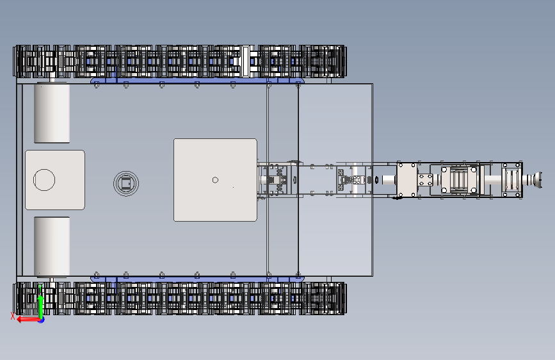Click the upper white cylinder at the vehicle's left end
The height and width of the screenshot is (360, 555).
52,113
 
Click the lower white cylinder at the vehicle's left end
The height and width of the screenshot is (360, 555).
52,245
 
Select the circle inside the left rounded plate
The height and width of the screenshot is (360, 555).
44,180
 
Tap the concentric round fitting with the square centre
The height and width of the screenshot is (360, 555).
125,183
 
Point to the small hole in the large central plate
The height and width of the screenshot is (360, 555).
215,180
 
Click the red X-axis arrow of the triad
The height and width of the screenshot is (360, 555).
26,319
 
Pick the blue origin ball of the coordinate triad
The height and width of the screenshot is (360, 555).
41,319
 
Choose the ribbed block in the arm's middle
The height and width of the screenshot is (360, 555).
459,180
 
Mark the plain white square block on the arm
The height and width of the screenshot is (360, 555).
407,180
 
